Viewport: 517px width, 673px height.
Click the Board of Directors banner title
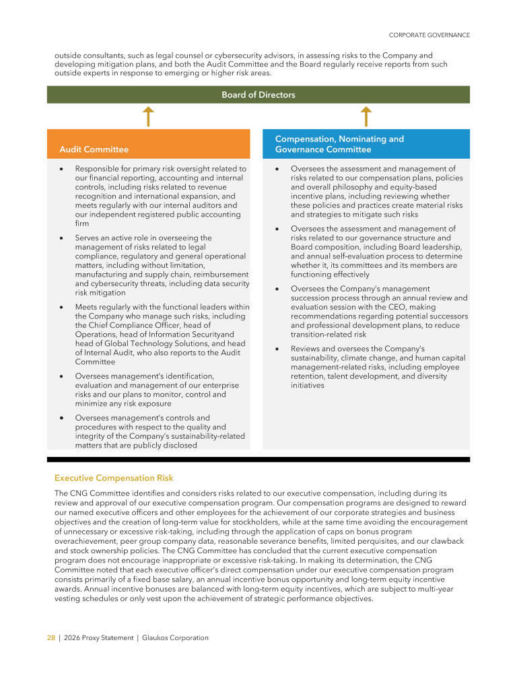(x=258, y=95)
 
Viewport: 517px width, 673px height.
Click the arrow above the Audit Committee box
(x=149, y=116)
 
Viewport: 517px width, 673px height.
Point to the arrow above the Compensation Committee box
(x=366, y=116)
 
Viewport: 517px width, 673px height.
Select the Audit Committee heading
(x=94, y=149)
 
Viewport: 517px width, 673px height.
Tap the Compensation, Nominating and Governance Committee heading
(x=339, y=144)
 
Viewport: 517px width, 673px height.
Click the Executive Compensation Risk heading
(x=114, y=478)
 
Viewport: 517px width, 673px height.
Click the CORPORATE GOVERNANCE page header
(x=429, y=35)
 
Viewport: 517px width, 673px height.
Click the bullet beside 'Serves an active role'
(x=62, y=238)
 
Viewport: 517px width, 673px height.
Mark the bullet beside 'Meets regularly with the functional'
(x=62, y=307)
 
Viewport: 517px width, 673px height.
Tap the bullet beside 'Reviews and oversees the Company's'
(x=277, y=349)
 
